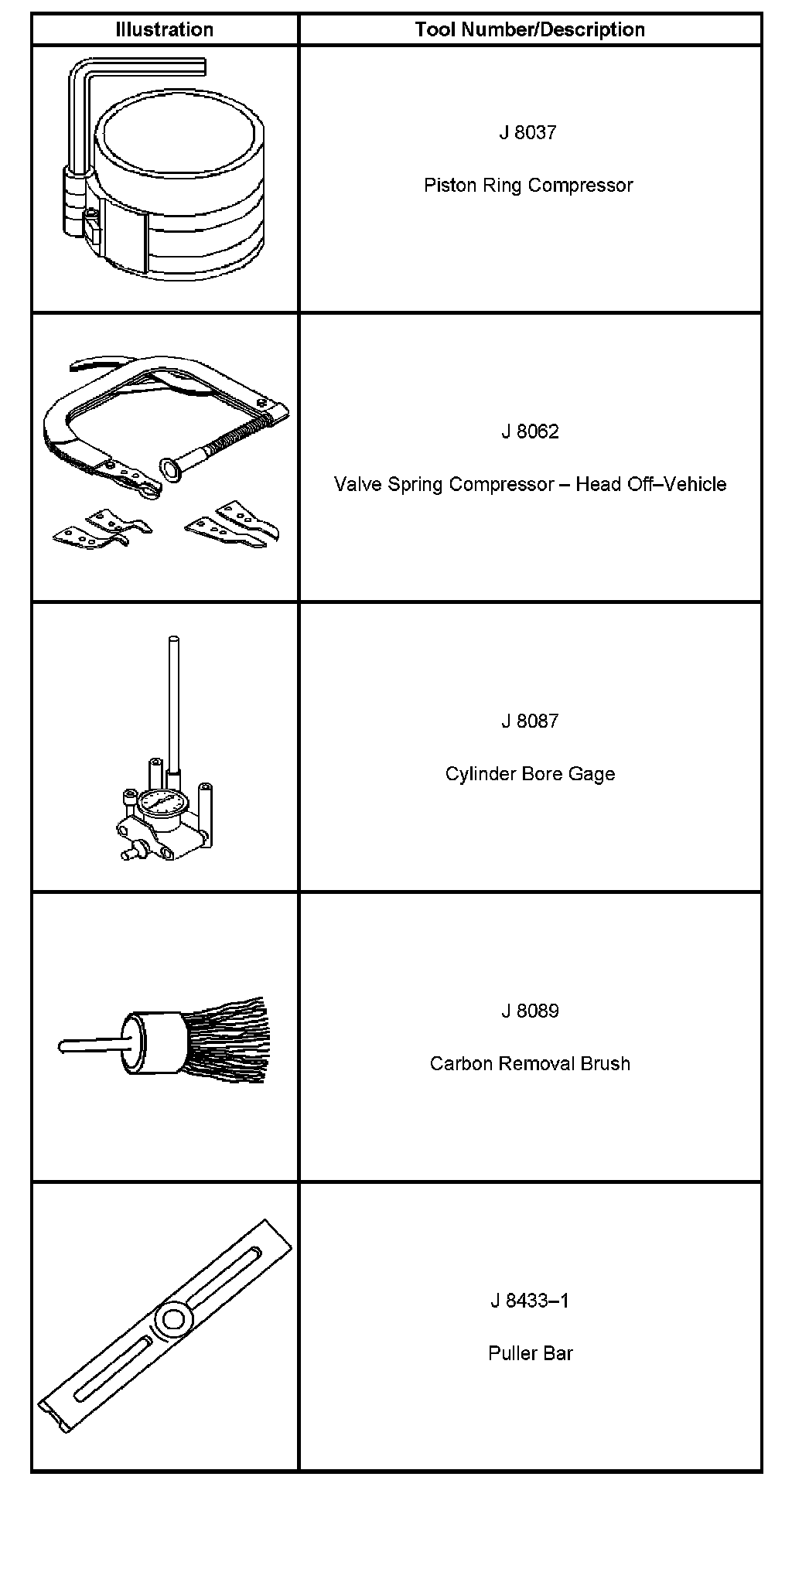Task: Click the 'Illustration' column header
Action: (x=164, y=30)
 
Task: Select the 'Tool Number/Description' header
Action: (x=530, y=30)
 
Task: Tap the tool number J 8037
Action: (x=528, y=133)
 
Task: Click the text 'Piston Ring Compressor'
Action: (x=528, y=186)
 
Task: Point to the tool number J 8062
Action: (x=530, y=431)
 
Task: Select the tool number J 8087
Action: (x=530, y=721)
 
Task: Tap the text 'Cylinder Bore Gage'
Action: (x=530, y=774)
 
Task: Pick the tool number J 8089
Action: (x=530, y=1011)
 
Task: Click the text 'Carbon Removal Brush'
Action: (x=530, y=1064)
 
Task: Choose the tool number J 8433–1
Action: (x=530, y=1301)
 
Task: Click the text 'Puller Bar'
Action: (x=530, y=1354)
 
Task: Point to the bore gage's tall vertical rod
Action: (x=173, y=696)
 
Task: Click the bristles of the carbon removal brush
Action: (x=228, y=1040)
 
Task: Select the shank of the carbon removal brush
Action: (x=89, y=1046)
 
